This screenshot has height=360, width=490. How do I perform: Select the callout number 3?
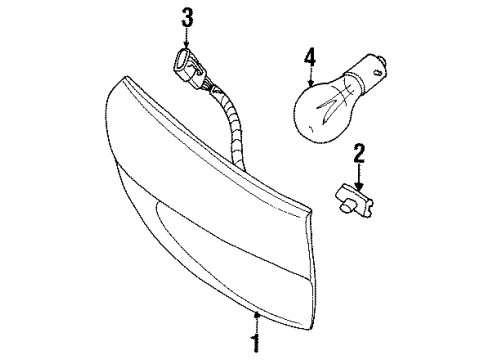[x=186, y=15]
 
